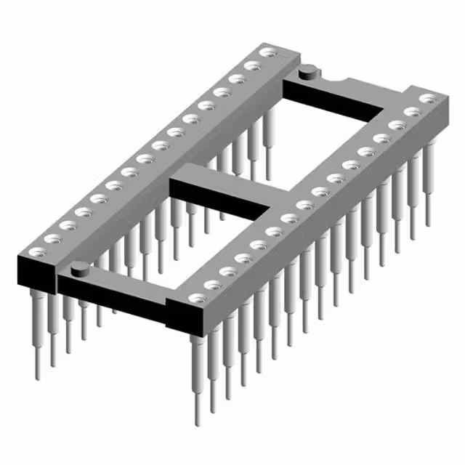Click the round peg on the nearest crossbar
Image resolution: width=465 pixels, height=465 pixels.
pos(79,270)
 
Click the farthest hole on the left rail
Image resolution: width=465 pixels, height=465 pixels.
pos(268,53)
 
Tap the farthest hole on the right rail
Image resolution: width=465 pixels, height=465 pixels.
pos(428,98)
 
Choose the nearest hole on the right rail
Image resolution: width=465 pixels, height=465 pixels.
pos(196,298)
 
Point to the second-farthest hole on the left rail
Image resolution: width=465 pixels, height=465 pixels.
pos(252,65)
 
